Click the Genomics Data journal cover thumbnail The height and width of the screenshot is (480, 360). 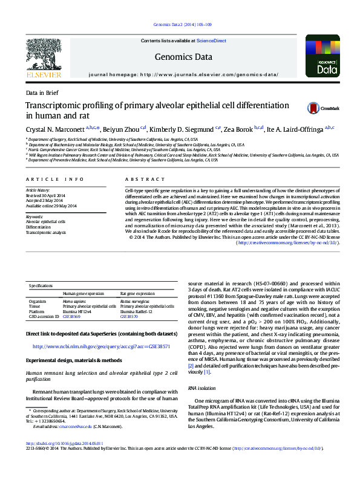[x=322, y=56]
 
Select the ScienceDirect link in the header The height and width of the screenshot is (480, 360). [x=211, y=41]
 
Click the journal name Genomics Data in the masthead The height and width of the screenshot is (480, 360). [x=183, y=57]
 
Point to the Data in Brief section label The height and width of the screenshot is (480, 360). [x=42, y=93]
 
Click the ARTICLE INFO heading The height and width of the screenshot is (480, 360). [x=56, y=180]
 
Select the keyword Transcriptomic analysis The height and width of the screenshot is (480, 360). [x=46, y=232]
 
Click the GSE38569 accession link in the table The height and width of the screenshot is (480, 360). [x=71, y=317]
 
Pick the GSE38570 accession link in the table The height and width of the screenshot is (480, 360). [x=129, y=317]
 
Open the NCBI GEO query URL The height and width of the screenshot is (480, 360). [x=101, y=347]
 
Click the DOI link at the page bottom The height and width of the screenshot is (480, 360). [x=65, y=460]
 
